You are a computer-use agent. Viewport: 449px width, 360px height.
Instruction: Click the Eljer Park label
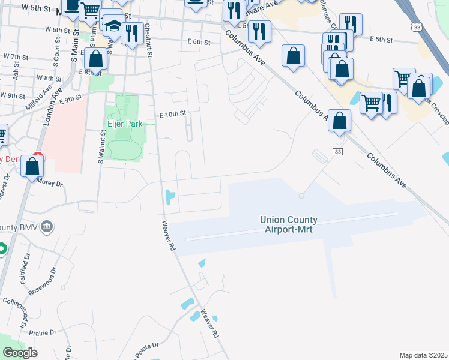tap(124, 124)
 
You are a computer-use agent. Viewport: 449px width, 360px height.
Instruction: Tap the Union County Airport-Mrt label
tap(289, 224)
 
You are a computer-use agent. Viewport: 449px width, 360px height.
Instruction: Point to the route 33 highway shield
tap(416, 27)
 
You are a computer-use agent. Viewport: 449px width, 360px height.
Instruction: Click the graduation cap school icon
tap(112, 27)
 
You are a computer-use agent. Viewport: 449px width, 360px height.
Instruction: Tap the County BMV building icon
tap(49, 227)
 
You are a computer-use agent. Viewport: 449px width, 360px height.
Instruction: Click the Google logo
tap(19, 353)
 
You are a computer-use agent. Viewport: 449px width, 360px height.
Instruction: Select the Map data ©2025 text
tap(423, 355)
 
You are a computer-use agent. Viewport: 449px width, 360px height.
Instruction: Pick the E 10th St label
tap(173, 113)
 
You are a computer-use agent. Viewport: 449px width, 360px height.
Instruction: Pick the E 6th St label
tap(199, 43)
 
